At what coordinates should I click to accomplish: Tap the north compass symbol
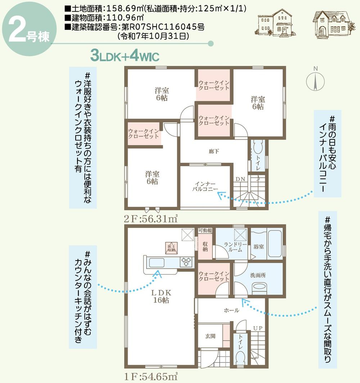click(315, 81)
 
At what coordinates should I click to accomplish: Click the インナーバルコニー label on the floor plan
click(204, 186)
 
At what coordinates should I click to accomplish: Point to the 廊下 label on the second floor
click(213, 152)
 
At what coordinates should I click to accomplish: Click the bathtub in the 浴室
click(275, 244)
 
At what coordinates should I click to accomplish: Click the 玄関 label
click(210, 336)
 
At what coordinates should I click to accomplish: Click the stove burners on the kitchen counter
click(187, 262)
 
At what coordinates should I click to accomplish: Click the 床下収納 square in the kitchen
click(171, 248)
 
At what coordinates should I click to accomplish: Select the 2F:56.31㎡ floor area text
click(152, 218)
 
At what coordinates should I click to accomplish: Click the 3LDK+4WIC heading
click(125, 56)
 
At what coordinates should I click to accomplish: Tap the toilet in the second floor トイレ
click(258, 150)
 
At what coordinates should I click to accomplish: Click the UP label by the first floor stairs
click(257, 328)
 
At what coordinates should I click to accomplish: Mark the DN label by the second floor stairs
click(240, 179)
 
